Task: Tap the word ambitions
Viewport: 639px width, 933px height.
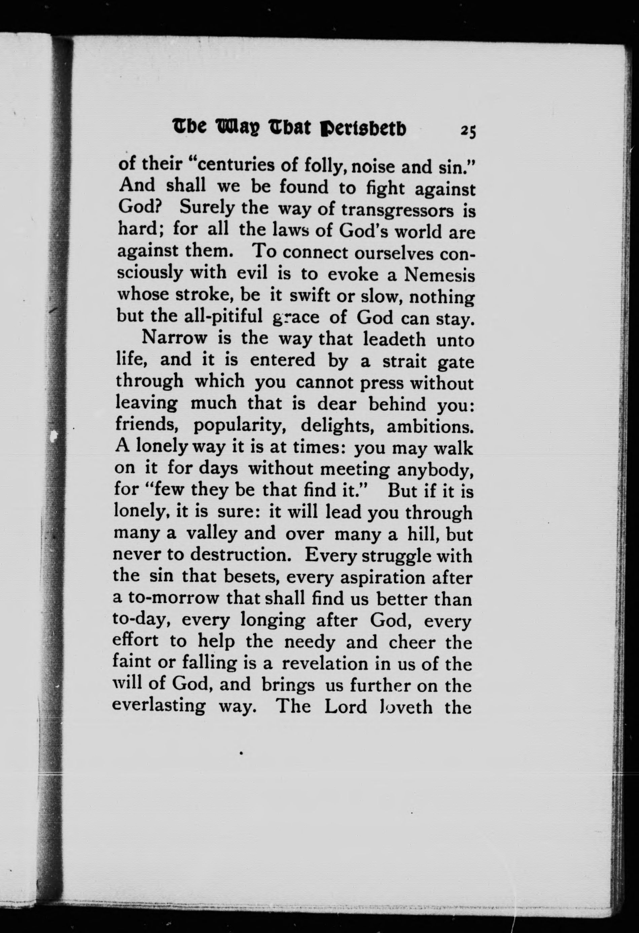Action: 429,426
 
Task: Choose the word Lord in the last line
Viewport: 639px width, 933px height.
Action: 346,706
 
